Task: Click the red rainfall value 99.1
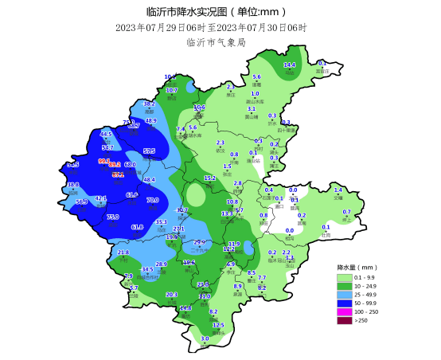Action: tap(103, 161)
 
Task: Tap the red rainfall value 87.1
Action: tap(118, 174)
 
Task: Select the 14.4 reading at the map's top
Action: tap(290, 65)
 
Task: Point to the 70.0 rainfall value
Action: tap(153, 200)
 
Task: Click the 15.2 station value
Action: tap(210, 178)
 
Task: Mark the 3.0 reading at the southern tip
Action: tap(205, 338)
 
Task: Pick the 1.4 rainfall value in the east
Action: tap(338, 190)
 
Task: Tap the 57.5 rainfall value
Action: tap(149, 151)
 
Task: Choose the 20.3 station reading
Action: tap(171, 295)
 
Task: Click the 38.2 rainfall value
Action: tap(149, 104)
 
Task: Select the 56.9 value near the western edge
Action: tap(81, 202)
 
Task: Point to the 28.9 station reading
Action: tap(161, 264)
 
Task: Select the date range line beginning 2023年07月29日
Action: tap(211, 27)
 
